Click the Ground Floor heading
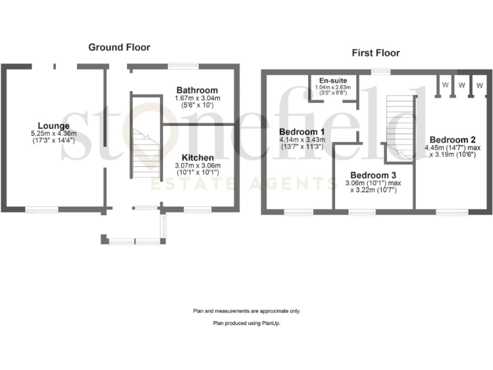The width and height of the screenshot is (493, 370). [119, 47]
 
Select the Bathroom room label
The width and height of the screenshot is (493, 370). [198, 90]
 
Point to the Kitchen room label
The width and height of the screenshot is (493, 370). [198, 157]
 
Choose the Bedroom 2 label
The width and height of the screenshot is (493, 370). [453, 139]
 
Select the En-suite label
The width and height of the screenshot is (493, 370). [332, 81]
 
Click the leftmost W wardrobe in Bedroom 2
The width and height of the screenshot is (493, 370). [444, 84]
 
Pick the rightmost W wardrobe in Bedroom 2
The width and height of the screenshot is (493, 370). [479, 84]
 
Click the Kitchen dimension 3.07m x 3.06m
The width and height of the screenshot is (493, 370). [198, 165]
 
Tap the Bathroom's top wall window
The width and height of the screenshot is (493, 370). [184, 64]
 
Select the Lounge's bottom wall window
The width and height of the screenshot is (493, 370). [42, 209]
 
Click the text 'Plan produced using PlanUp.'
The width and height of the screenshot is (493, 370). [246, 324]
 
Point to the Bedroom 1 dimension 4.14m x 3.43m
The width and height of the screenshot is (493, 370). [302, 139]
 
